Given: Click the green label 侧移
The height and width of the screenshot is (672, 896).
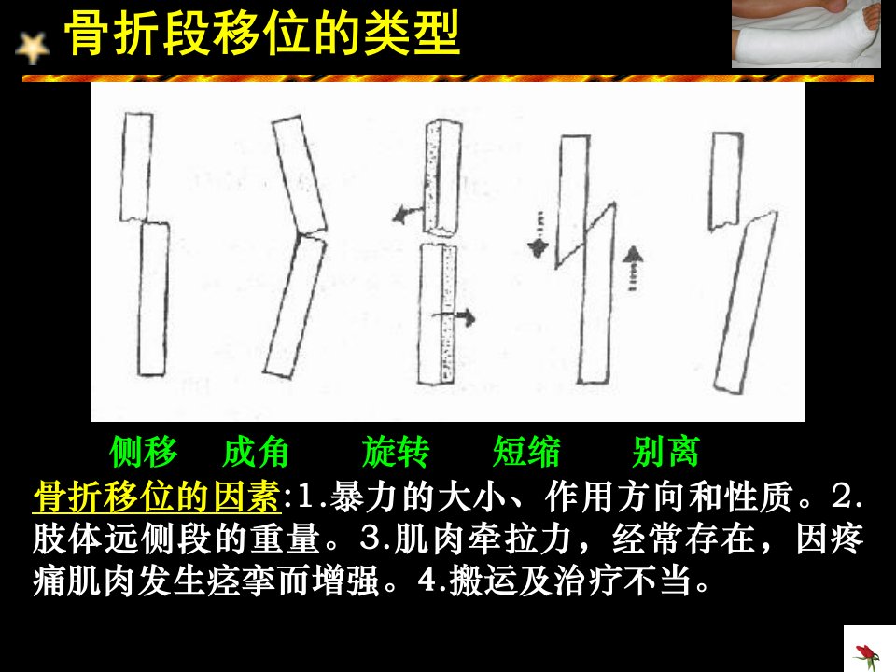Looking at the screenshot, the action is coord(144,452).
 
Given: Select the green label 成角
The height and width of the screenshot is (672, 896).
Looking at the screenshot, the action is coord(256,452).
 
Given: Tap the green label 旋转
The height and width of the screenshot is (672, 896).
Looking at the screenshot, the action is coord(396,452).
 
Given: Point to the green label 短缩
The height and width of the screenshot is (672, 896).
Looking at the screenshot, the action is coord(526,452).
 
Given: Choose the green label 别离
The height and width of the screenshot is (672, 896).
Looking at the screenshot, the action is coord(666,452).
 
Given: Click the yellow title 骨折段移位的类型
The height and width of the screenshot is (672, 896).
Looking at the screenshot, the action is coord(262,34).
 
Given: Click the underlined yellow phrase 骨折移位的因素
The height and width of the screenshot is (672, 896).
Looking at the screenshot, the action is coord(157,496).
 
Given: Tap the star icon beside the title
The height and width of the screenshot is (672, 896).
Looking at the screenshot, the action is coord(33,48).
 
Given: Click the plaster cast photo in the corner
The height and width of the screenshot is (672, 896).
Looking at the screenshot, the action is coord(805,34).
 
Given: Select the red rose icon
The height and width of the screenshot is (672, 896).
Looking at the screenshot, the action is coord(867,655).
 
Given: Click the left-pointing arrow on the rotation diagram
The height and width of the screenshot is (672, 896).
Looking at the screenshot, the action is coord(406,215).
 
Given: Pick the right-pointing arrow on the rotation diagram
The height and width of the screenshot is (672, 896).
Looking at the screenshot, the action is coord(455,316).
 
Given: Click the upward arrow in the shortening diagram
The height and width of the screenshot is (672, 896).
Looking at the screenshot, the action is coord(632,269).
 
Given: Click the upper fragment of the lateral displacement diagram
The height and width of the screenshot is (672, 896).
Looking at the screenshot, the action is coord(136,167).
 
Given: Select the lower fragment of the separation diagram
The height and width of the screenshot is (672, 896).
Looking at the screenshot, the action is coord(746,301).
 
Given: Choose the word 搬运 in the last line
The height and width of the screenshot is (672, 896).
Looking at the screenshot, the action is coord(483,581).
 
